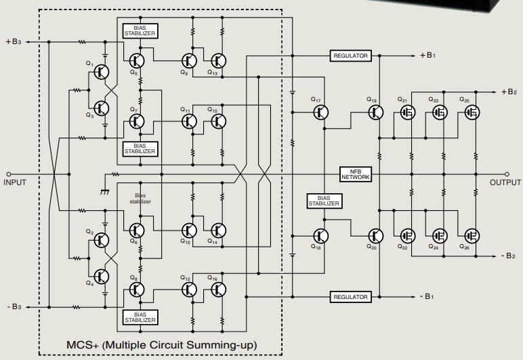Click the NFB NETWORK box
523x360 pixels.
pyautogui.click(x=355, y=174)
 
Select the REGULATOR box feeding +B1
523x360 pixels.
pyautogui.click(x=351, y=56)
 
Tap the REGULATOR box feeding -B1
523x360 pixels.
pyautogui.click(x=351, y=297)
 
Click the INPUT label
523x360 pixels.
pyautogui.click(x=14, y=182)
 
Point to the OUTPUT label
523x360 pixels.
pyautogui.click(x=505, y=182)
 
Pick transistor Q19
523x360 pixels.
pyautogui.click(x=375, y=113)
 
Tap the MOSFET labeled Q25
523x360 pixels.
pyautogui.click(x=471, y=113)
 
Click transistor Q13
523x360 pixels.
pyautogui.click(x=218, y=60)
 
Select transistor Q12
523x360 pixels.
pyautogui.click(x=189, y=289)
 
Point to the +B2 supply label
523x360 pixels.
pyautogui.click(x=509, y=92)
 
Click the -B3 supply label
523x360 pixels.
pyautogui.click(x=14, y=307)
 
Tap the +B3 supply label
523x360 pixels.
pyautogui.click(x=14, y=42)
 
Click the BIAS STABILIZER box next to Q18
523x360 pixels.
pyautogui.click(x=325, y=201)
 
